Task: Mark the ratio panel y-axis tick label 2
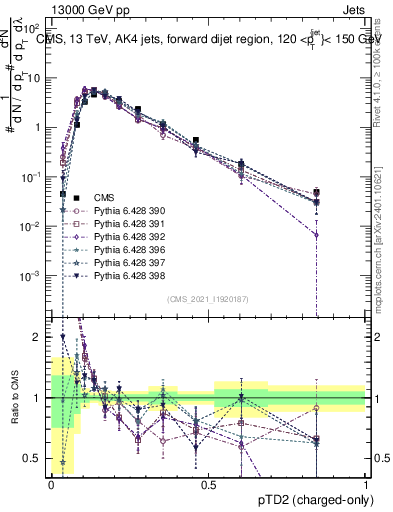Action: tap(36, 337)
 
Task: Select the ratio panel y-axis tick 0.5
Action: tap(32, 459)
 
